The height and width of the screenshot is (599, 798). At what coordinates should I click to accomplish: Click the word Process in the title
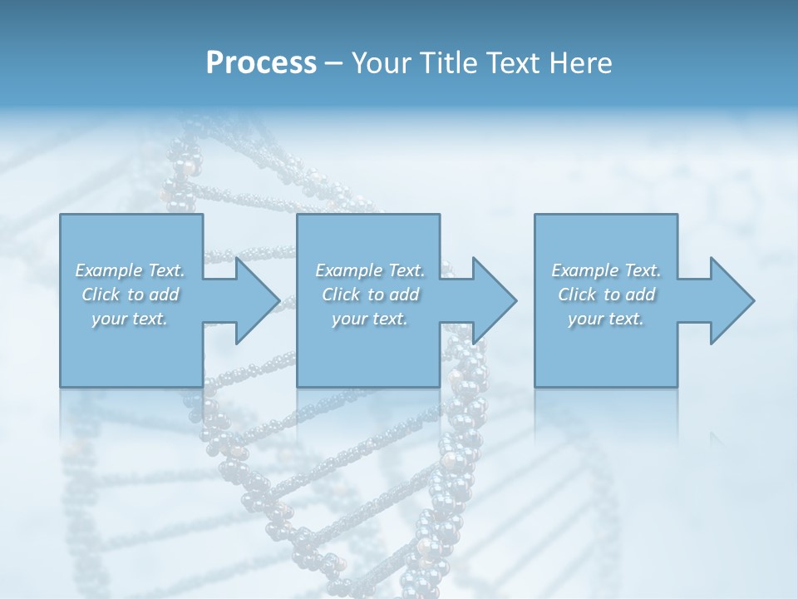click(261, 63)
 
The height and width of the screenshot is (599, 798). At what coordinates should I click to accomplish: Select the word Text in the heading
click(515, 63)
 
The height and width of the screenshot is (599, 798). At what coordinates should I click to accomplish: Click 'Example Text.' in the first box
click(131, 270)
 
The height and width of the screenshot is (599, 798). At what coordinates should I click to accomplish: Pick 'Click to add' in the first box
click(131, 295)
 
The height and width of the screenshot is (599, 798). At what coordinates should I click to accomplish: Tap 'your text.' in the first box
click(130, 319)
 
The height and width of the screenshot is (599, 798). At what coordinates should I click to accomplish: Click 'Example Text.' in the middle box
click(370, 270)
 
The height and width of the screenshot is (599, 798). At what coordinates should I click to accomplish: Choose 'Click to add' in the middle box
click(370, 295)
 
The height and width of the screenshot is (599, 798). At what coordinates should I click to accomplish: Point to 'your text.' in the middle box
click(369, 319)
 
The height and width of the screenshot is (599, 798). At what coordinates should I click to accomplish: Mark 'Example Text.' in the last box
click(606, 270)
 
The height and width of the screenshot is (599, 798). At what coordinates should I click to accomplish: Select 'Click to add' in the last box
click(606, 295)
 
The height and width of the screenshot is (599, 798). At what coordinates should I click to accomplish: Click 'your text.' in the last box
click(605, 319)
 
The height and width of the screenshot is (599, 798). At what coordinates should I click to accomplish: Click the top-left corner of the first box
click(61, 215)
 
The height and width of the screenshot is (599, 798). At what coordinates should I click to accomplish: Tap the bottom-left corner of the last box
click(535, 386)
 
